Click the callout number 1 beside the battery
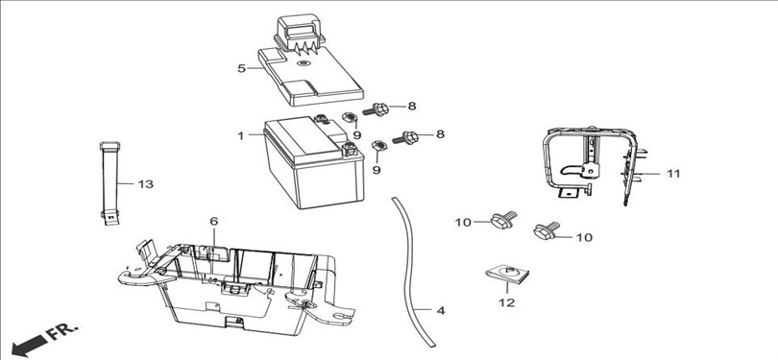pos(241,135)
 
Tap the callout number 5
pos(242,68)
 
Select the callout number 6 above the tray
pos(214,222)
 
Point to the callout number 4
pos(441,311)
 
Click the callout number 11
pos(673,174)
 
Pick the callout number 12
pos(507,302)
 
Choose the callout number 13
pos(145,184)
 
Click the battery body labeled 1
pos(314,163)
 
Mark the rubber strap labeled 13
pos(110,183)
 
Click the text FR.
pos(62,332)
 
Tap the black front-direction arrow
pos(29,346)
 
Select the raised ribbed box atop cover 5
pos(299,33)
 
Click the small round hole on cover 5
pos(303,63)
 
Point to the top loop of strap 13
pos(110,146)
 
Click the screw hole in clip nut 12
pos(506,271)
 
